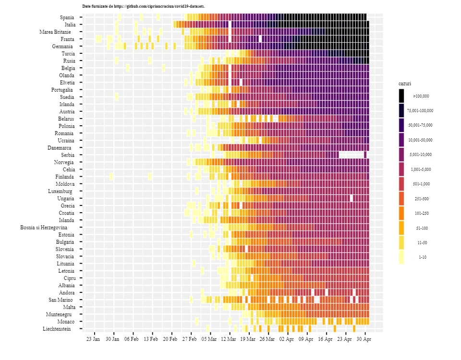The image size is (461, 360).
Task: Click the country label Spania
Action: click(x=67, y=17)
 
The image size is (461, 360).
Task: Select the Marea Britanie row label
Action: click(x=55, y=32)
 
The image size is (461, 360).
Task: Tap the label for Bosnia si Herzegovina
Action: click(x=44, y=228)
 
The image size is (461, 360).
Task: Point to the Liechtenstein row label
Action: click(x=57, y=329)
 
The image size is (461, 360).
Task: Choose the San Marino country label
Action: click(x=61, y=300)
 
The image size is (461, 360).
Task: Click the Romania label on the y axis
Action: click(x=64, y=133)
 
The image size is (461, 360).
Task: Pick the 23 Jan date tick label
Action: click(x=93, y=339)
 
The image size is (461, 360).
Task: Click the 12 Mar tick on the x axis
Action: click(x=229, y=339)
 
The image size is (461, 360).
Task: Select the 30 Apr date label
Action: click(x=364, y=339)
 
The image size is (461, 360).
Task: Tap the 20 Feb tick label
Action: click(x=170, y=339)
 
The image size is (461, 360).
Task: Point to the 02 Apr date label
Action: click(x=286, y=339)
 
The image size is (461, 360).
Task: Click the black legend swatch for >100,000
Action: click(x=401, y=96)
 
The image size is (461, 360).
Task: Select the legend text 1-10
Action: click(x=423, y=257)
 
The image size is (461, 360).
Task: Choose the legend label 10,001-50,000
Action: click(x=421, y=140)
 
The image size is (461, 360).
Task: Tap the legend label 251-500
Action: click(x=422, y=199)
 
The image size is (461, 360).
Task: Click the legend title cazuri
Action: click(x=405, y=84)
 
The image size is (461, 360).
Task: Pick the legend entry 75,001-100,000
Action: click(x=420, y=111)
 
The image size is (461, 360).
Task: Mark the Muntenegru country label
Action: click(x=59, y=314)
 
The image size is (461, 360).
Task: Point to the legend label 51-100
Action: click(x=422, y=228)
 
